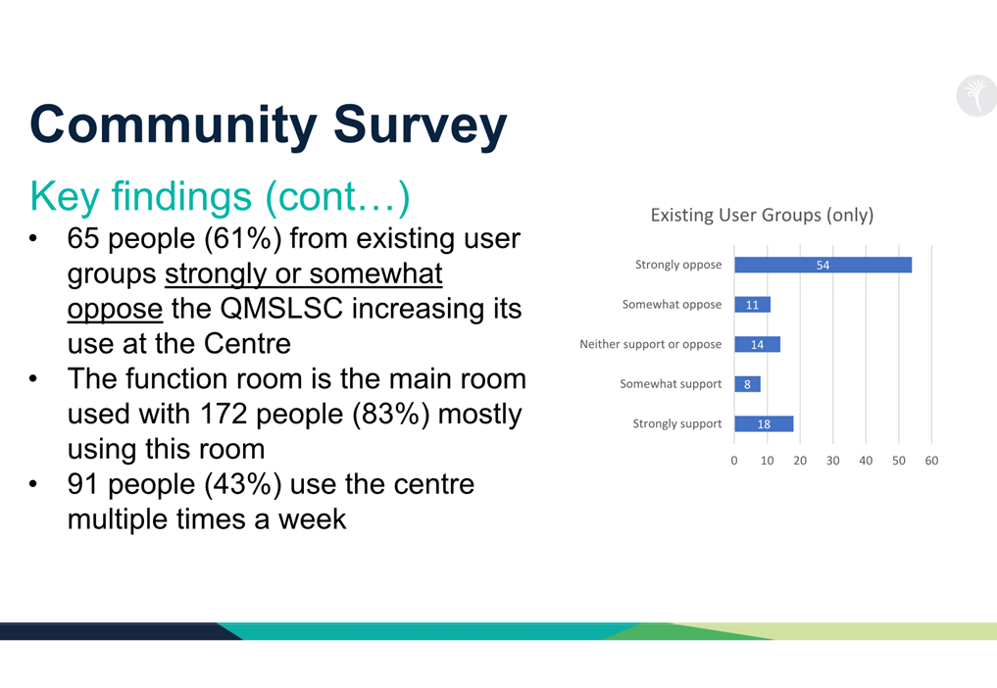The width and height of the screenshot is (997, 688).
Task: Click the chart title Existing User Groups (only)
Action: [x=762, y=215]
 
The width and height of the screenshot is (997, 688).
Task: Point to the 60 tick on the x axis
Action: [x=931, y=461]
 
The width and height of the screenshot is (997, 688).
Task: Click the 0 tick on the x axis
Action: [x=734, y=461]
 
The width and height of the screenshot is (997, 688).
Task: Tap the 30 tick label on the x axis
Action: [x=833, y=461]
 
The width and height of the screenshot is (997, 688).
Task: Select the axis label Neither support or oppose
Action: [x=650, y=344]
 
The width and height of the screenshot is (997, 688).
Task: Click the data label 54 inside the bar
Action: [x=823, y=266]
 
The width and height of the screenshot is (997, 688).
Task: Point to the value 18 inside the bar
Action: [x=764, y=424]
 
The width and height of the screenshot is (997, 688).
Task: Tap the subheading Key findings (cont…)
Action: [x=220, y=196]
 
